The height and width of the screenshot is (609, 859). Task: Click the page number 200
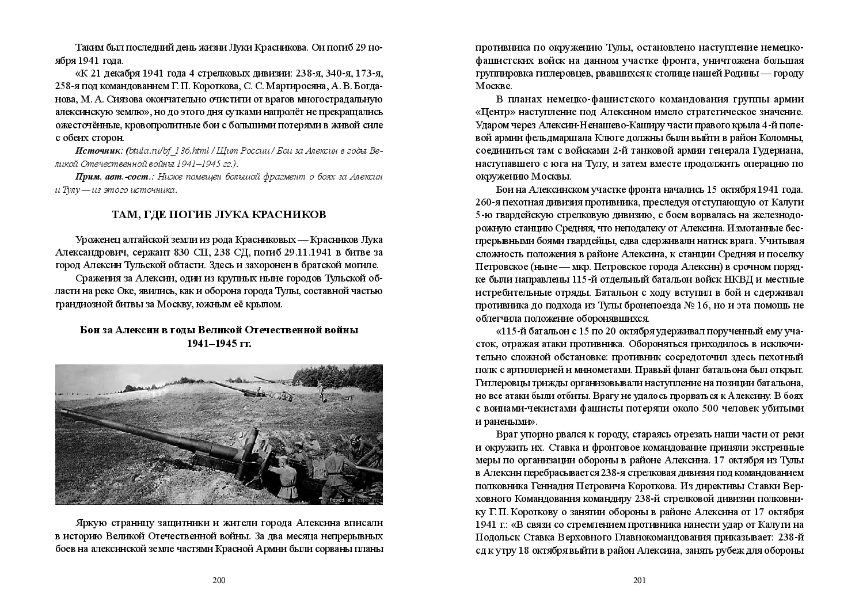click(x=219, y=580)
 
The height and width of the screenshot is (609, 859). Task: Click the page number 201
click(x=640, y=580)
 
